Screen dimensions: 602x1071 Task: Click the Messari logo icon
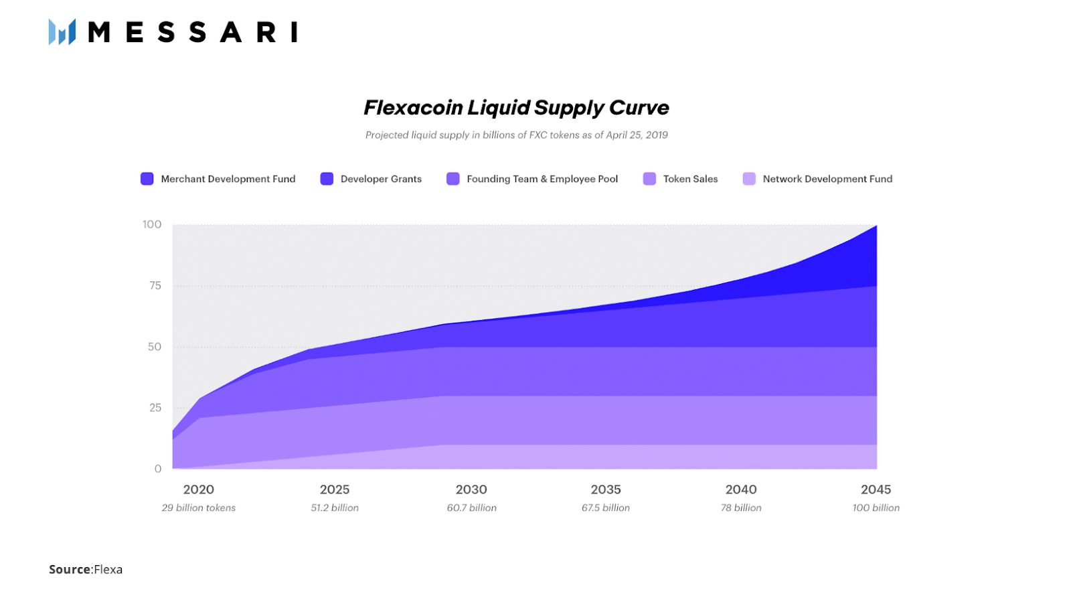point(62,31)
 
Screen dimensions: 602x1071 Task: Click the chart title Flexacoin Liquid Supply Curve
point(516,107)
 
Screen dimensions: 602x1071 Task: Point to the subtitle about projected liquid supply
point(516,135)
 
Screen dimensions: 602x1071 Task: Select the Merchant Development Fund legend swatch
point(147,179)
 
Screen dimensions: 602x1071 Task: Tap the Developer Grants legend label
point(381,179)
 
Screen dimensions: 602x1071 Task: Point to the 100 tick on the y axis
point(152,224)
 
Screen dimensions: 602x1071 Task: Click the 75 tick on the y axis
point(155,285)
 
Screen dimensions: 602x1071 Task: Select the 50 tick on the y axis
point(155,346)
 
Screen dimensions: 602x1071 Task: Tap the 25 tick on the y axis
point(155,407)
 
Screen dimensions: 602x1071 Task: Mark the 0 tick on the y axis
point(158,469)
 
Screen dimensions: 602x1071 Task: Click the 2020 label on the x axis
point(199,490)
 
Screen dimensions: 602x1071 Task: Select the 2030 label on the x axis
point(471,490)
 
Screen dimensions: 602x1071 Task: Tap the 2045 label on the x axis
point(876,490)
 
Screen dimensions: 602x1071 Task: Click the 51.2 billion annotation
point(335,508)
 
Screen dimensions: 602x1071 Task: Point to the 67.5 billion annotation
point(606,508)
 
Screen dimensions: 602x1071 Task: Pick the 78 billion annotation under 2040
point(741,508)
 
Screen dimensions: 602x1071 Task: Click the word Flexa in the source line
point(108,569)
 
